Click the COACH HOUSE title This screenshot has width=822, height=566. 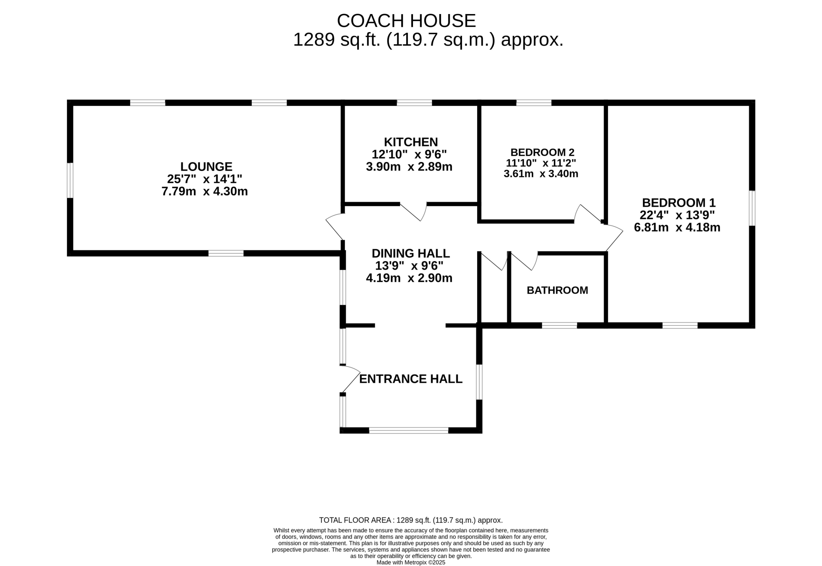tap(406, 21)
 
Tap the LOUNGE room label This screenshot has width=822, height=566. tap(206, 166)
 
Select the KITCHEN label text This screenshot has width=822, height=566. tap(411, 142)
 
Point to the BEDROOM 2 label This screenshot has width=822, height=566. tap(542, 152)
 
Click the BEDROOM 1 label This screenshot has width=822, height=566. tap(679, 203)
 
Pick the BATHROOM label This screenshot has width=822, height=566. tap(557, 290)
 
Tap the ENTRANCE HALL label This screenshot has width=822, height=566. tap(411, 379)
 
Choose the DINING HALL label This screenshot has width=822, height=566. tap(411, 254)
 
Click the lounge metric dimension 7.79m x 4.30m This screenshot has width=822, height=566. tap(205, 191)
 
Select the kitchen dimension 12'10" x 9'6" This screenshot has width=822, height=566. tap(409, 154)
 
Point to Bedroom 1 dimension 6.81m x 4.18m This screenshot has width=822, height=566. tap(677, 227)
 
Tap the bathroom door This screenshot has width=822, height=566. tap(524, 261)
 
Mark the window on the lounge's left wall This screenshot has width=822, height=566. tap(70, 180)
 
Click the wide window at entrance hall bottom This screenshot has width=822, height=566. tap(409, 430)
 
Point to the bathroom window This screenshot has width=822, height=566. tap(560, 325)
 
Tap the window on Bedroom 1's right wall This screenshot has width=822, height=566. tap(752, 208)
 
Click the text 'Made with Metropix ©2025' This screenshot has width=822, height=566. tap(411, 562)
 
